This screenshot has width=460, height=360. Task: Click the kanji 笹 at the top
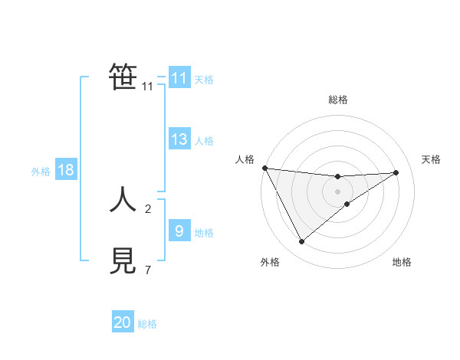click(x=123, y=77)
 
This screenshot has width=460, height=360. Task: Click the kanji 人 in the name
click(x=123, y=201)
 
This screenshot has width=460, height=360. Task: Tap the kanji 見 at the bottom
click(x=123, y=261)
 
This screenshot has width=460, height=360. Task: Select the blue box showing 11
click(x=179, y=78)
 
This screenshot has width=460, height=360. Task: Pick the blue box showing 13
click(x=179, y=139)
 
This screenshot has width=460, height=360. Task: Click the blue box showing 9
click(x=179, y=231)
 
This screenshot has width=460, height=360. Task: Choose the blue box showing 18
click(x=65, y=170)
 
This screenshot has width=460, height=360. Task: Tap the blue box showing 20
click(x=123, y=322)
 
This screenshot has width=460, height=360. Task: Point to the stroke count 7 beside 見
click(x=148, y=270)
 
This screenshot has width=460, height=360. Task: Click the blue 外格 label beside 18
click(x=41, y=172)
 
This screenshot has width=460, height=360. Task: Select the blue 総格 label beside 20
click(x=147, y=324)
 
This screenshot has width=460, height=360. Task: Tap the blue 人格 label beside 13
click(x=204, y=141)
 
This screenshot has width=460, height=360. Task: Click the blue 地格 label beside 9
click(x=204, y=233)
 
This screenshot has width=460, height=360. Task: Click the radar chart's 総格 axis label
click(x=337, y=100)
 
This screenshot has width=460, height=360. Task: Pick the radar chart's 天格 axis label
click(x=431, y=159)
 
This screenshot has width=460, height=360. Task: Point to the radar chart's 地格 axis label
click(x=402, y=262)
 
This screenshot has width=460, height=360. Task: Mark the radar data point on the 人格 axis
click(x=264, y=168)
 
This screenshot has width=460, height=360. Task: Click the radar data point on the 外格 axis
click(x=301, y=242)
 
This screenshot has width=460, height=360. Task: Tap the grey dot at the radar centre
click(x=337, y=191)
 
